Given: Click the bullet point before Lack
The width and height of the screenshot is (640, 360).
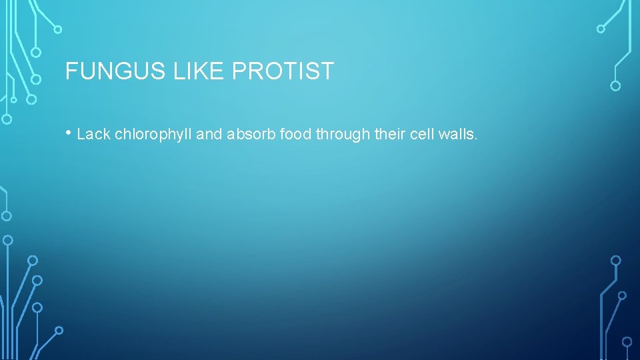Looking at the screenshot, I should [69, 133].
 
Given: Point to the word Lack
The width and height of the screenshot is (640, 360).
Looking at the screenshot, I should [93, 135].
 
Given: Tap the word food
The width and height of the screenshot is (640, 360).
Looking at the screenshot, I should [296, 135].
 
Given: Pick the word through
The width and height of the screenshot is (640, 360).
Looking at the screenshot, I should [343, 135].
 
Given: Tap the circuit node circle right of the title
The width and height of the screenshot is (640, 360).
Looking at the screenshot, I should [615, 85].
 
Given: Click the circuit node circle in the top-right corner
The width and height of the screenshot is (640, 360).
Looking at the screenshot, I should [601, 29].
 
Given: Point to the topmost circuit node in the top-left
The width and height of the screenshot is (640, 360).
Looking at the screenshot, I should [58, 29].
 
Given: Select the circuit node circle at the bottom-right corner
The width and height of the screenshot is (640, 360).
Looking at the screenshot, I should [627, 341].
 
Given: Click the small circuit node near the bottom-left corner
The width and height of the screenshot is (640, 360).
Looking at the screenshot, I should [59, 330].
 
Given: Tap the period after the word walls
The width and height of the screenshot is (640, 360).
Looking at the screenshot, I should [476, 139].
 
